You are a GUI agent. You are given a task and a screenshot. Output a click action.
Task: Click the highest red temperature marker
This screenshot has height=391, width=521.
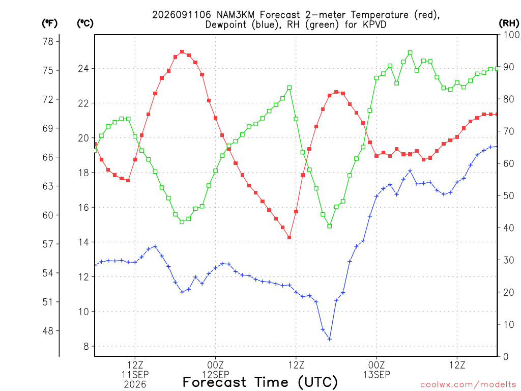pos(182,52)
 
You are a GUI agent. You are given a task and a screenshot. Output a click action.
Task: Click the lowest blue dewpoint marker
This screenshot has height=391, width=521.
pos(330,339)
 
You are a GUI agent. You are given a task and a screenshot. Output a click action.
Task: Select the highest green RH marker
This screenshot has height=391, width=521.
pos(410,53)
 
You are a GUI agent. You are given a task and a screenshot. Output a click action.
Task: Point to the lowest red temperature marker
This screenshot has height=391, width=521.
pos(290,238)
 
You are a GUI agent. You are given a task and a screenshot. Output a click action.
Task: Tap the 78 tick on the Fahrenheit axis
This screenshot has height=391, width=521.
pos(48,42)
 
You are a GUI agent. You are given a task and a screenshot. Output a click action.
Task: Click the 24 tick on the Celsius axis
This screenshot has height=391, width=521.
pos(83,69)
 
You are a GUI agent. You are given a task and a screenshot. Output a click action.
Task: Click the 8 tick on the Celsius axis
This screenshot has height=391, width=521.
pos(86,346)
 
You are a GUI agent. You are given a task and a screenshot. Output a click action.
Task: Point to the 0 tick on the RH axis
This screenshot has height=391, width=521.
pos(506,357)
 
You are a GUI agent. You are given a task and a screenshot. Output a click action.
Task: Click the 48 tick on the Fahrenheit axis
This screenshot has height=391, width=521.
pos(48,331)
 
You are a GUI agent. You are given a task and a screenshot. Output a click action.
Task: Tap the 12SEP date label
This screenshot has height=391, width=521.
pos(216,375)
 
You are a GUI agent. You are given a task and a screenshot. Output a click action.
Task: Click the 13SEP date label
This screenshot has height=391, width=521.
pos(377,375)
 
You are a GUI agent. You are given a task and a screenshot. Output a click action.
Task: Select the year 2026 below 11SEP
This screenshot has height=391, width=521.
pos(135,385)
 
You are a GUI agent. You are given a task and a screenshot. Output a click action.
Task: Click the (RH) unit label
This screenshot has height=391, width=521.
pos(509,23)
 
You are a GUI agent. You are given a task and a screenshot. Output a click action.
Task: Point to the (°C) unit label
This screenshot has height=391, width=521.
pos(85,23)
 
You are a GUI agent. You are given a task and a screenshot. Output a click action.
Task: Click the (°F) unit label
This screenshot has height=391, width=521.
pos(49,23)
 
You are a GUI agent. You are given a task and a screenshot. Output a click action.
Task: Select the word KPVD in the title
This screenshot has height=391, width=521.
pos(374,24)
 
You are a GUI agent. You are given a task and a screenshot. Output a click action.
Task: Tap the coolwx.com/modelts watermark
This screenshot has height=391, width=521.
pos(468,385)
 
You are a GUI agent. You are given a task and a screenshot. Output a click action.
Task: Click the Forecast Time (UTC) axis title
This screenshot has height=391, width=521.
pos(260,382)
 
